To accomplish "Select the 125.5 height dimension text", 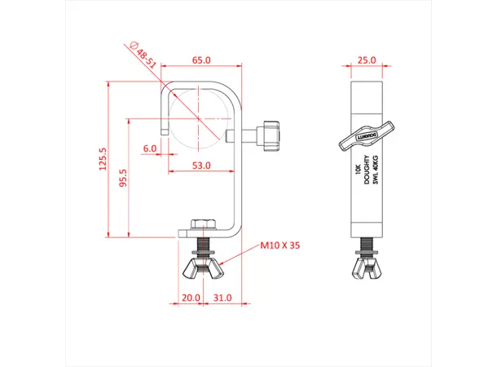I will point(103,161).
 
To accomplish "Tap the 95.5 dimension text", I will point(123,179).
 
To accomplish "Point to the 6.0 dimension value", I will point(150,148).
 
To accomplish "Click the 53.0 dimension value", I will point(201,165).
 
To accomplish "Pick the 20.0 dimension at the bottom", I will point(191,298).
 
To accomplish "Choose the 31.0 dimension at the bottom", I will point(222,298).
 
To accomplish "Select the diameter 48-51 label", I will point(145,55).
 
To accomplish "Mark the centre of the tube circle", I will point(199,117).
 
